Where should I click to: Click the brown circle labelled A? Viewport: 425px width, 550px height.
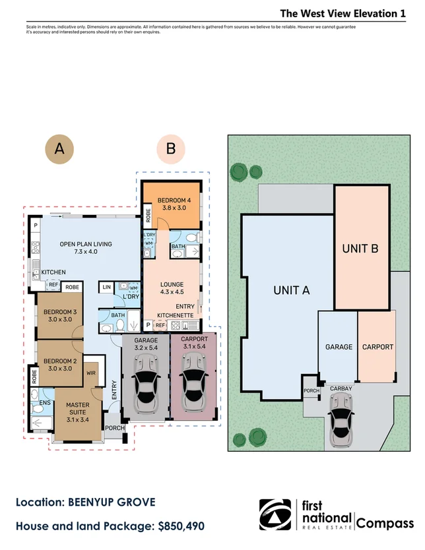59,150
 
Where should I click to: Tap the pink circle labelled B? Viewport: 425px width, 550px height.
171,150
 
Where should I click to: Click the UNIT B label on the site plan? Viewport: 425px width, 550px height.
360,249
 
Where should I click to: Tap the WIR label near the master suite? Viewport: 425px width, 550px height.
91,373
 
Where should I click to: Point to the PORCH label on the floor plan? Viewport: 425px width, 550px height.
115,428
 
